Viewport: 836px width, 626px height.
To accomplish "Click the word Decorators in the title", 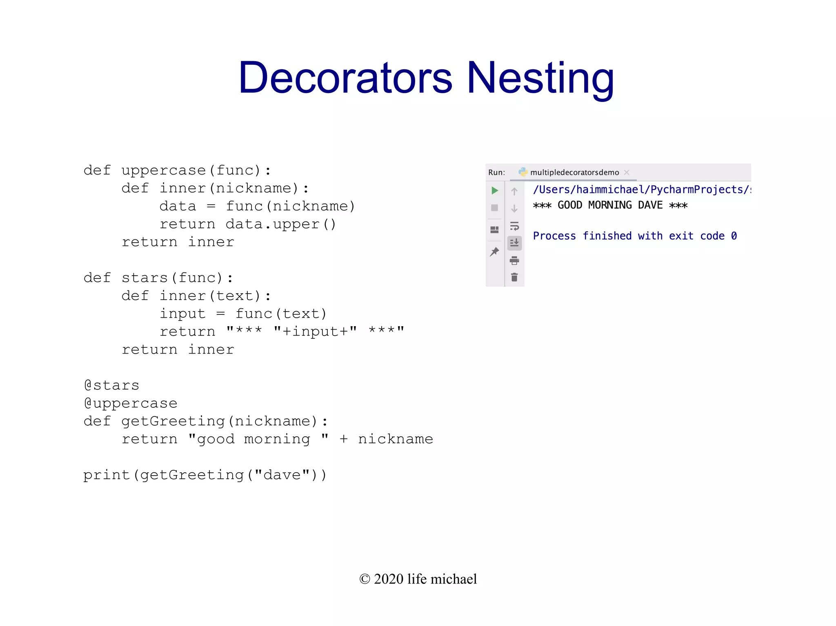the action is tap(345, 77).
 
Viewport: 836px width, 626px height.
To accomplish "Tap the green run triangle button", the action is tap(495, 190).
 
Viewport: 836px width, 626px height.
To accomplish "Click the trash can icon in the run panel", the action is tap(514, 278).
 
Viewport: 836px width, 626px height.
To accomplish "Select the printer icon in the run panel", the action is tap(514, 260).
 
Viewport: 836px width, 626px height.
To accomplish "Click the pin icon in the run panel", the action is tap(494, 252).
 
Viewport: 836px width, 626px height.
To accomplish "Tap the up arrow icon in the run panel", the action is tap(514, 191).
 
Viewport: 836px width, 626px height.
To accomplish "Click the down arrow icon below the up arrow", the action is tap(514, 208).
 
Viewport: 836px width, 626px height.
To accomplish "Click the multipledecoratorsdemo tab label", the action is tap(574, 173).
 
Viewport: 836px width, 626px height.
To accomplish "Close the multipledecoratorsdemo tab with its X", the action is tap(627, 173).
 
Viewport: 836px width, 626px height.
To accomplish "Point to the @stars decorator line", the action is tap(111, 385).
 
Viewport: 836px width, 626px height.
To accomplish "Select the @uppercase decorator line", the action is tap(131, 403).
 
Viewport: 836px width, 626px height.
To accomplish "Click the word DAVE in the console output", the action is tap(650, 205).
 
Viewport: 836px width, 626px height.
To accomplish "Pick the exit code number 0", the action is tap(734, 236).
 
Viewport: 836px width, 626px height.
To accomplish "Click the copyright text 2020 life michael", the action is tap(418, 579).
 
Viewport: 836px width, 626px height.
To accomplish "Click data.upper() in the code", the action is tap(281, 224).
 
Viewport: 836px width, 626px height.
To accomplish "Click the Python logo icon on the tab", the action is tap(523, 172).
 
